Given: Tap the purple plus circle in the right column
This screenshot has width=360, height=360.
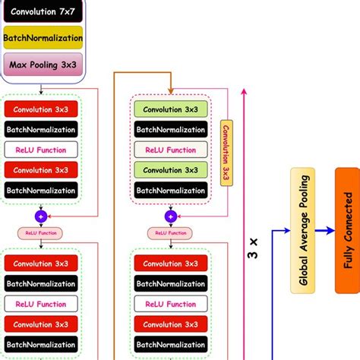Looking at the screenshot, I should (169, 216).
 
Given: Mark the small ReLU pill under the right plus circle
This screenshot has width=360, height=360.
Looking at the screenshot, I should (169, 232).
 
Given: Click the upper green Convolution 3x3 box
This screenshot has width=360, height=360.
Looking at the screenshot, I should (169, 109).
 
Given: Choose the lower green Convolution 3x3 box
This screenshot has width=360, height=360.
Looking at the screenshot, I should (169, 170).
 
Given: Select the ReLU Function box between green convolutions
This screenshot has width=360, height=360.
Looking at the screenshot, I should (169, 150).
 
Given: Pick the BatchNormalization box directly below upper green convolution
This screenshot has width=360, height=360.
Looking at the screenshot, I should (169, 130).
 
